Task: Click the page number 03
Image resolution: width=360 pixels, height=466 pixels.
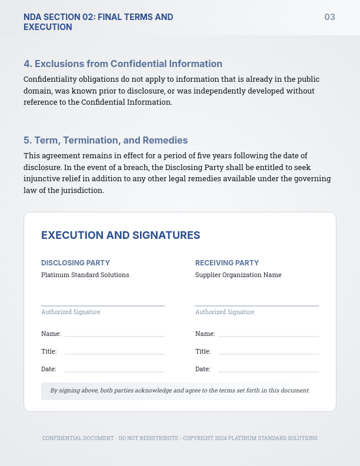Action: (329, 17)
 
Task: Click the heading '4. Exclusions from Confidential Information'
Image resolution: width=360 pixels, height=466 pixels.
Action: (123, 64)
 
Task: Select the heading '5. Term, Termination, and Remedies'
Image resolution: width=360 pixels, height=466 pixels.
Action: (106, 140)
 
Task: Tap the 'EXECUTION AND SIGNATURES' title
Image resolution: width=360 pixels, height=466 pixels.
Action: (121, 235)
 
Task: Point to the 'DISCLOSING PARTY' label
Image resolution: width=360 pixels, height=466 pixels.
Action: (75, 263)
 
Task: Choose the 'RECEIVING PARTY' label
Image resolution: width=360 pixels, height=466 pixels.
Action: (227, 263)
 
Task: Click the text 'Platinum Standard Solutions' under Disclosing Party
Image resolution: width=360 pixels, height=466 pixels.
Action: (85, 275)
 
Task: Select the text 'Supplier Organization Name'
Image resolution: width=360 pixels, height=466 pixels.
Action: (238, 275)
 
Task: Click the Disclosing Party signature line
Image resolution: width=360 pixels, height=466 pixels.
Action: (103, 305)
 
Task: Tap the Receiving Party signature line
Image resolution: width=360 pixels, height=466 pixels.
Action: (257, 305)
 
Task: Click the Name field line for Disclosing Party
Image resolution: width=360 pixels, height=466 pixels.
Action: (115, 335)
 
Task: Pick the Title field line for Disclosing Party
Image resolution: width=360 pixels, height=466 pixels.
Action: (115, 353)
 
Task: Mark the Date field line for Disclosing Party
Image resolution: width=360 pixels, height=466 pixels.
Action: (115, 371)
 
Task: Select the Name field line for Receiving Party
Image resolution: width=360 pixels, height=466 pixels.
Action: (269, 335)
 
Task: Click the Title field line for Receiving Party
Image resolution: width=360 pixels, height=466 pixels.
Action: (269, 353)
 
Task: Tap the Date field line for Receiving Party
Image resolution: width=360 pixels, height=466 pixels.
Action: (269, 371)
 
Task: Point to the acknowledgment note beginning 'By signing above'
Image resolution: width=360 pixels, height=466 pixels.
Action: (180, 390)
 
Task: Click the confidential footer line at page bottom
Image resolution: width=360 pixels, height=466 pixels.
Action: (180, 438)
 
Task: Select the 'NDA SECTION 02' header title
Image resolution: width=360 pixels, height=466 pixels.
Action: (98, 22)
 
